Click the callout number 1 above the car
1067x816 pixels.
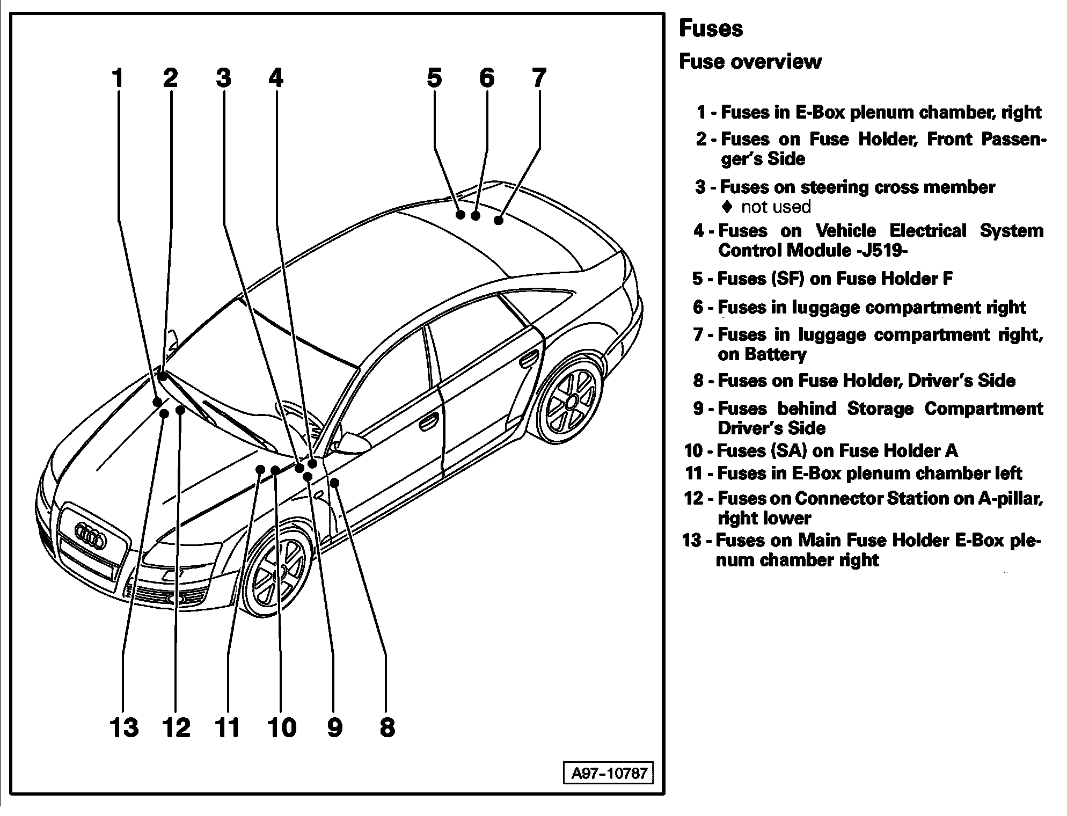click(x=118, y=78)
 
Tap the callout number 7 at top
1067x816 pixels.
click(x=539, y=78)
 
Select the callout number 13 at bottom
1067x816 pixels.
click(x=125, y=728)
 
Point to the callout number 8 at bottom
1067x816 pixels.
click(x=387, y=728)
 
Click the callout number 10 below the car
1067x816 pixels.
click(x=282, y=728)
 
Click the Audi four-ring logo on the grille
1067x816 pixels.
click(x=90, y=535)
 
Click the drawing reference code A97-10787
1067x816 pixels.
click(x=609, y=774)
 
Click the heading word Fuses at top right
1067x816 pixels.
click(x=711, y=28)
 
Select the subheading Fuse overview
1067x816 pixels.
click(x=750, y=62)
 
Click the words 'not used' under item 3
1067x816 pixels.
click(x=776, y=207)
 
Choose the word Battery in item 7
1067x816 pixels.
click(x=775, y=355)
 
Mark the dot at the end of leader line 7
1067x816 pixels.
click(x=499, y=220)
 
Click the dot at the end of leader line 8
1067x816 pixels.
click(x=335, y=482)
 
